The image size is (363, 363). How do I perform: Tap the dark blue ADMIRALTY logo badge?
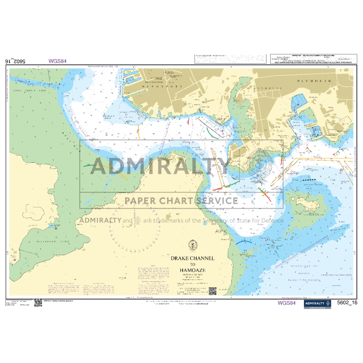pos(316,303)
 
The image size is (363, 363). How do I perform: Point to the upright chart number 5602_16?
pos(347,302)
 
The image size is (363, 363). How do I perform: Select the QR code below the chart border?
pos(38,303)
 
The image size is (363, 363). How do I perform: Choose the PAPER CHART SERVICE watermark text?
pos(181,201)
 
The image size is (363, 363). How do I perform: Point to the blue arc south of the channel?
pos(245,241)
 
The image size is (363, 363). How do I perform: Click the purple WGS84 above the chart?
pos(57,61)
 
